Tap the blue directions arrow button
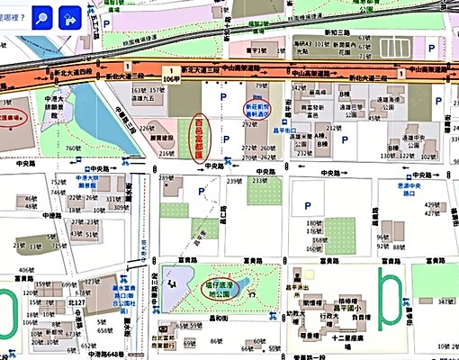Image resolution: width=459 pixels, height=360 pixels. (69, 18)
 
